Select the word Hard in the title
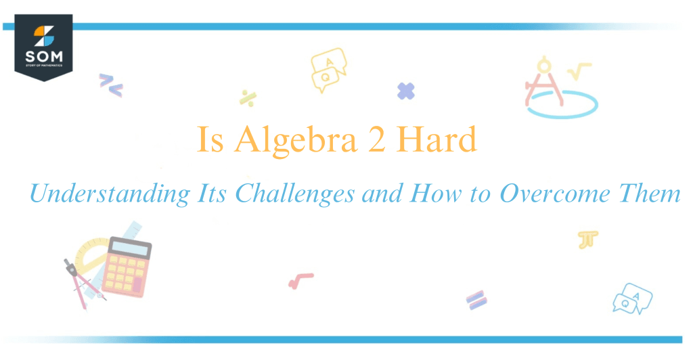coord(437,141)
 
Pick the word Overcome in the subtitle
coord(548,195)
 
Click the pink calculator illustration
coord(129,267)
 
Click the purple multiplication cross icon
coord(406,91)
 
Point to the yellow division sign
coord(247,97)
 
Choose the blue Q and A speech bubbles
coord(632,298)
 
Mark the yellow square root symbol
coord(579,70)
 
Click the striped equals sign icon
coord(476,300)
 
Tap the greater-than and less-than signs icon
coord(110,84)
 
